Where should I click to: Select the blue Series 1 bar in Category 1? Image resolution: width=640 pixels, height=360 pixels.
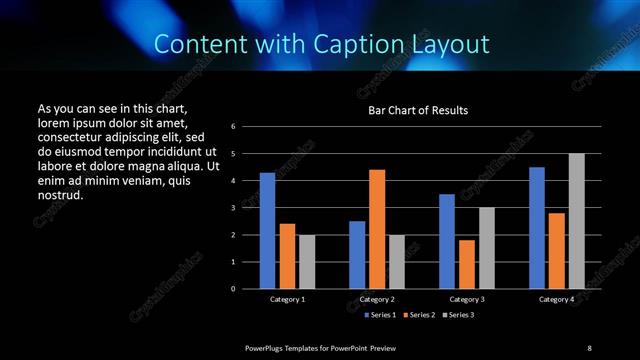click(267, 231)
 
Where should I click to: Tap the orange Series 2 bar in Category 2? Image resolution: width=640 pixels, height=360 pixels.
click(377, 229)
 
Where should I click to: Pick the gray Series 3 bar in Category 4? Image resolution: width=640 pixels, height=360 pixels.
click(576, 221)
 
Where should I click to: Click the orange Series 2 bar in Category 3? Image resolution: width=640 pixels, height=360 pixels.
click(466, 264)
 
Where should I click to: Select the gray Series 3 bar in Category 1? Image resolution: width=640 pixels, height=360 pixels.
click(307, 262)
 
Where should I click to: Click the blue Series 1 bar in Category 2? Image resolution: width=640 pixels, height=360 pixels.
click(357, 255)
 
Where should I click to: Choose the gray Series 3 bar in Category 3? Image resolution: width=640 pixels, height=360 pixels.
click(486, 248)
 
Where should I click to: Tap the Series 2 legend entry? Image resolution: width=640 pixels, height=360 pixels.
click(419, 316)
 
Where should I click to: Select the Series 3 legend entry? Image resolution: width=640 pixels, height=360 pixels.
click(461, 316)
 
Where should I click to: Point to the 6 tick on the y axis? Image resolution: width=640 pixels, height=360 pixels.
click(232, 127)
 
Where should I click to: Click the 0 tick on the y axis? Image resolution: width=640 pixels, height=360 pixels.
click(232, 289)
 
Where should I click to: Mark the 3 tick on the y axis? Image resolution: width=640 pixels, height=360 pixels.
click(232, 208)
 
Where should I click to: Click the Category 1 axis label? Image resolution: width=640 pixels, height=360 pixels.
click(287, 299)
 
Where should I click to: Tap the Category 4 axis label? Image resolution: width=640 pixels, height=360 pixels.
click(557, 299)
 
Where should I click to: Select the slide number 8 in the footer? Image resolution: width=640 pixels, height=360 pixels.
click(589, 347)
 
